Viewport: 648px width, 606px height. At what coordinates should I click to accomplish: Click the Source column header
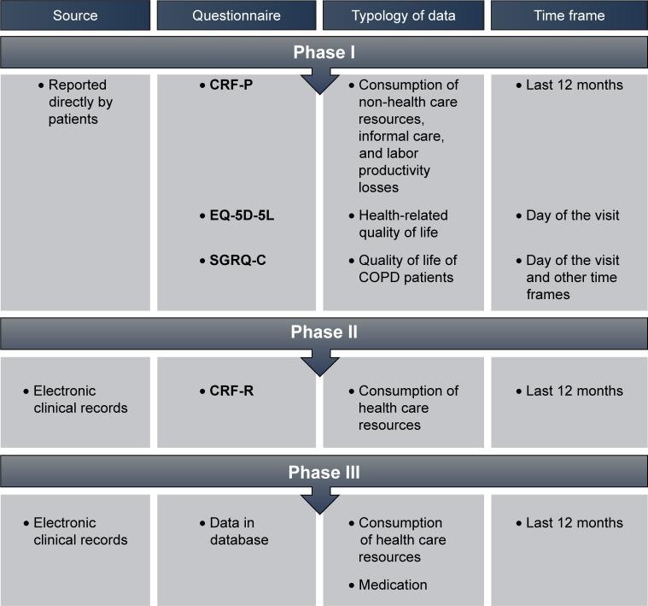pyautogui.click(x=75, y=15)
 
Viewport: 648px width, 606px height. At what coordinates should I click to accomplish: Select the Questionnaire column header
pyautogui.click(x=236, y=15)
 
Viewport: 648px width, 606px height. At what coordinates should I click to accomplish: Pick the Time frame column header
pyautogui.click(x=569, y=15)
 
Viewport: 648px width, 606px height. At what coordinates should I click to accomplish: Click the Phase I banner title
pyautogui.click(x=324, y=53)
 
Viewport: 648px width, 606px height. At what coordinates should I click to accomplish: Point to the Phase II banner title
pyautogui.click(x=324, y=332)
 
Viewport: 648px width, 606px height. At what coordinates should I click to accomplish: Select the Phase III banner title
pyautogui.click(x=324, y=473)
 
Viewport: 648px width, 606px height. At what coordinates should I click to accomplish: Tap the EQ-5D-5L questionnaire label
pyautogui.click(x=242, y=215)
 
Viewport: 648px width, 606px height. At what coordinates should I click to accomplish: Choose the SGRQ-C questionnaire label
pyautogui.click(x=237, y=260)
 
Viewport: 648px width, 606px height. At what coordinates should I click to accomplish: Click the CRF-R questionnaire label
pyautogui.click(x=232, y=391)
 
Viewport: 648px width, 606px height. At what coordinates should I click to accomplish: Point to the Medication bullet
pyautogui.click(x=393, y=585)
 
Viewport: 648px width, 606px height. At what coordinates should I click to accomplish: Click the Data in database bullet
pyautogui.click(x=239, y=531)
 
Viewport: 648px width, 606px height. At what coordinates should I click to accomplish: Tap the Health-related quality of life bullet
pyautogui.click(x=403, y=224)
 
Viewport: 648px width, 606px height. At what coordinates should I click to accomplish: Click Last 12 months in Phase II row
pyautogui.click(x=575, y=391)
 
